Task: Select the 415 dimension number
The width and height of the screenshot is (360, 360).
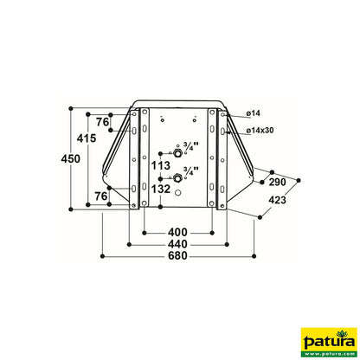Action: coord(85,138)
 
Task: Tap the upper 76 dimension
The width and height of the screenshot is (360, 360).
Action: coord(103,122)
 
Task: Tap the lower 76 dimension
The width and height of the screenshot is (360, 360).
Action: coord(101,197)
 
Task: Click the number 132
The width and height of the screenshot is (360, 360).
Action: coord(160,188)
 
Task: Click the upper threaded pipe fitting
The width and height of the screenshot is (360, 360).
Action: coord(178,153)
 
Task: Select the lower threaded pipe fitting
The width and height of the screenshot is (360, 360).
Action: coord(178,177)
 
